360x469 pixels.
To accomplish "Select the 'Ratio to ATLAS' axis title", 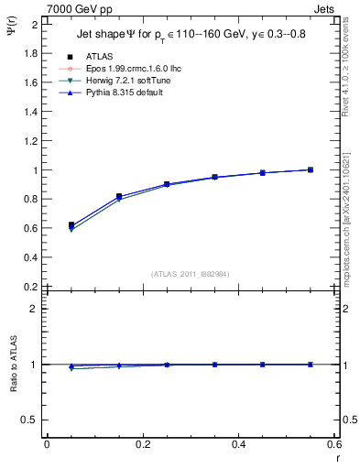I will pyautogui.click(x=13, y=365).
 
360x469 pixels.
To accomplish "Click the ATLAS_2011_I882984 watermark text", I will pyautogui.click(x=190, y=274).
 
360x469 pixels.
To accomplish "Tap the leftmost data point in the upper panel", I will pyautogui.click(x=71, y=225).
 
